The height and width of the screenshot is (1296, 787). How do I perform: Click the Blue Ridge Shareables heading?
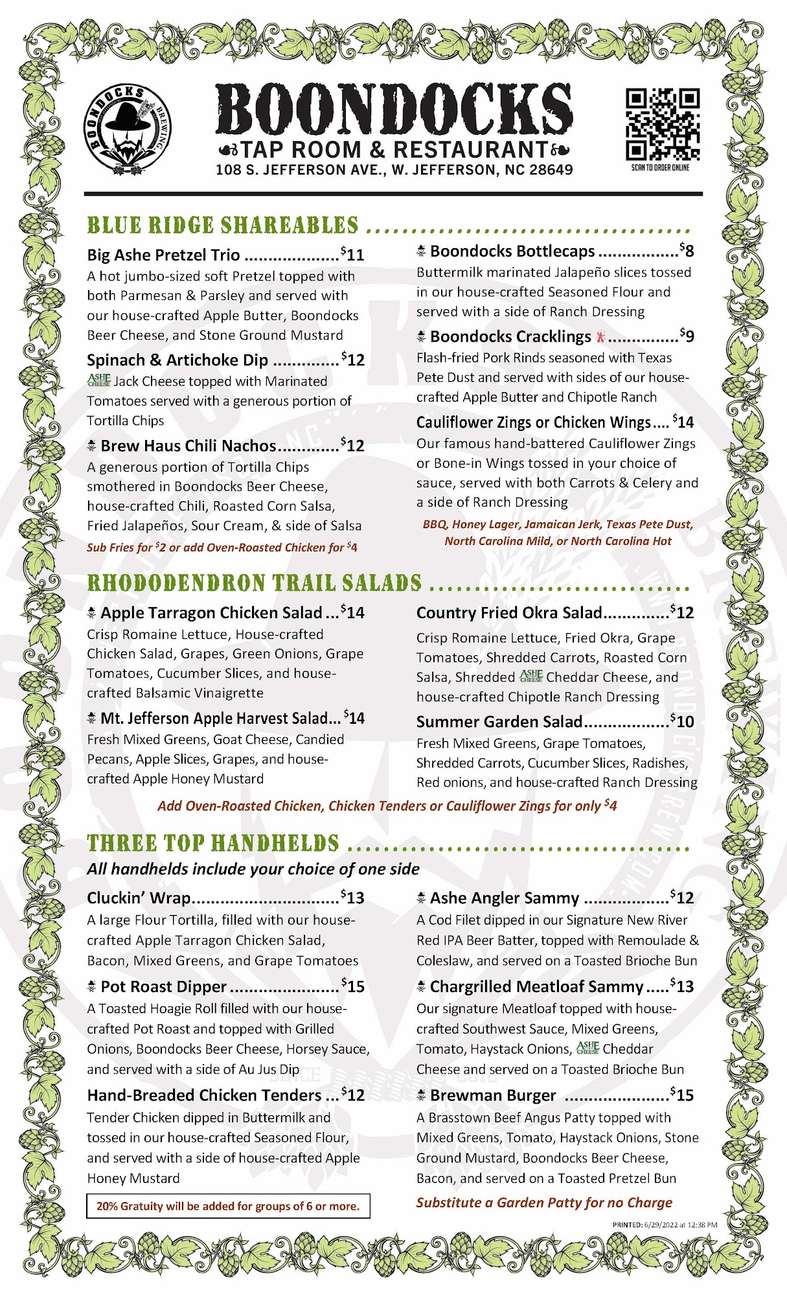coord(223,226)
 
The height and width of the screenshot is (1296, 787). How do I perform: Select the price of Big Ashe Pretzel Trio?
coord(353,254)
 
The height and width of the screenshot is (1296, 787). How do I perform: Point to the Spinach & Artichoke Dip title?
coord(177,360)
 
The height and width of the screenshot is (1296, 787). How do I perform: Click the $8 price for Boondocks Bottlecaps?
coord(687,250)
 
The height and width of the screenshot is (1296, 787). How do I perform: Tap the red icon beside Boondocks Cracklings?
coord(600,336)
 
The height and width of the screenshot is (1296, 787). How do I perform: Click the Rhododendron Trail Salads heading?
coord(255,583)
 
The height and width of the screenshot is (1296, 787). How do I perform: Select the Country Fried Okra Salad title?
coord(509,613)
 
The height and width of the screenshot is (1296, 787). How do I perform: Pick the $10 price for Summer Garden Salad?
coord(682,721)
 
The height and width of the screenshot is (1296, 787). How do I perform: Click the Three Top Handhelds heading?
coord(213,843)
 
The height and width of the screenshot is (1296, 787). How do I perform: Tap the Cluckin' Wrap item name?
coord(139,898)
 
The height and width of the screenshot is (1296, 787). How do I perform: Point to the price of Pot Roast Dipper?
coord(354,986)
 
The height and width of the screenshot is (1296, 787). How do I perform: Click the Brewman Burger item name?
coord(492,1096)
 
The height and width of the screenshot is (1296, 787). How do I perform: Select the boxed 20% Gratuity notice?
coord(228,1206)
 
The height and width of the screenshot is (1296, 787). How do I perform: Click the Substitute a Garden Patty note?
coord(544,1203)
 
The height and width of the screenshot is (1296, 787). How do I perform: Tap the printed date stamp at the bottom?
coord(665,1225)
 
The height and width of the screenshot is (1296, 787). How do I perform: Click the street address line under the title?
coord(394,170)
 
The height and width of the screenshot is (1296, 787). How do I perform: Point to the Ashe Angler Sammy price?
coord(682,897)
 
